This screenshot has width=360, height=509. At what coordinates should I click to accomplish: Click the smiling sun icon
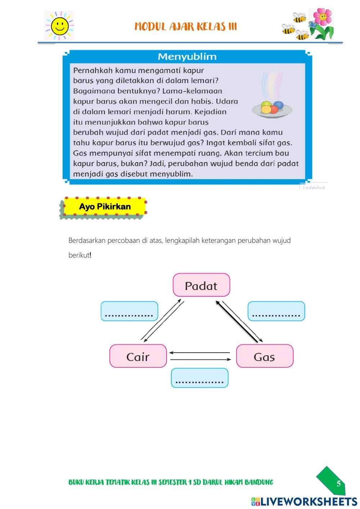click(x=59, y=26)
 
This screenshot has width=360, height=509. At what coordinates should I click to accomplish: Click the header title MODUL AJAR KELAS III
click(x=186, y=27)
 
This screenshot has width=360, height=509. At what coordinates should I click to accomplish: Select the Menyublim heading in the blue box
click(x=187, y=57)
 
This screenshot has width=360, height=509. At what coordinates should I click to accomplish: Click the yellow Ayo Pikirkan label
click(x=105, y=207)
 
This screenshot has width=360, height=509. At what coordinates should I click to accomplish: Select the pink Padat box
click(x=201, y=285)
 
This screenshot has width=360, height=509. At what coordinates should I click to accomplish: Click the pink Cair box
click(x=138, y=356)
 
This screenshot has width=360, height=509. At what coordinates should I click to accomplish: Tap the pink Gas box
click(x=265, y=356)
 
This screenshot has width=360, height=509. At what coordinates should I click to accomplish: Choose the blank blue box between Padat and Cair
click(x=129, y=311)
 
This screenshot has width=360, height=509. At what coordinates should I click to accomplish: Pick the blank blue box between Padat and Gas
click(x=276, y=311)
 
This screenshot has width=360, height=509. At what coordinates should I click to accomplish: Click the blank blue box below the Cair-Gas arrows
click(x=199, y=378)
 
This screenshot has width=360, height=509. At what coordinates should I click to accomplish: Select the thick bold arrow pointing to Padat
click(x=237, y=321)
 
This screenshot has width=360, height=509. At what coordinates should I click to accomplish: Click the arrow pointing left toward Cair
click(x=199, y=353)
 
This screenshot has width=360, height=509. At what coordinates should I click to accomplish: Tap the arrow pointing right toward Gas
click(x=200, y=360)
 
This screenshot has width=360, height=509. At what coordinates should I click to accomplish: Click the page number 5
click(x=338, y=483)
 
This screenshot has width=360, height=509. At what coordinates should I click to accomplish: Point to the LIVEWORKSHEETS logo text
click(x=309, y=501)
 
